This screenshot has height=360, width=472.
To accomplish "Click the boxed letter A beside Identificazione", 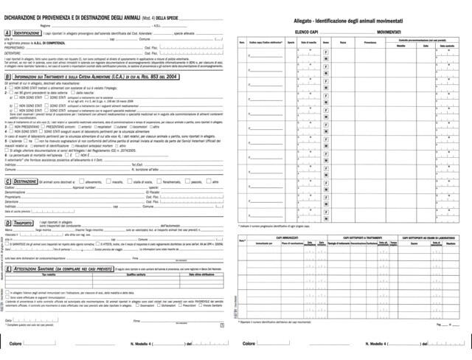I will tap(7, 33).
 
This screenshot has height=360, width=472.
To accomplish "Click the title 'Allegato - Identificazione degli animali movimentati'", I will tap(354, 22).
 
